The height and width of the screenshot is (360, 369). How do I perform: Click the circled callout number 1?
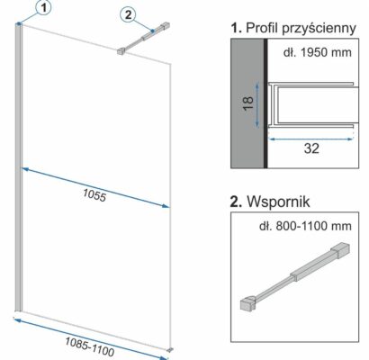(44, 8)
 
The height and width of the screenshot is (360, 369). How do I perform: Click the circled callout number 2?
(128, 14)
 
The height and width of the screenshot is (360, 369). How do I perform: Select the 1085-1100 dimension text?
(90, 346)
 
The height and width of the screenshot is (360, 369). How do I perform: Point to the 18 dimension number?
(248, 103)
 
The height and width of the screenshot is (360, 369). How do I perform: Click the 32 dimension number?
(311, 148)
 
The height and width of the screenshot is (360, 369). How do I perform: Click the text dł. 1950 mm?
(317, 52)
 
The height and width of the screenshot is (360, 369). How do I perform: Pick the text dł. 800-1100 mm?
(305, 226)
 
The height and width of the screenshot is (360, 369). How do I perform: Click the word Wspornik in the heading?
(278, 202)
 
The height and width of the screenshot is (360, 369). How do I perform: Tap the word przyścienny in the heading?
(319, 29)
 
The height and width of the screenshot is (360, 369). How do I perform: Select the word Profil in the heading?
(262, 28)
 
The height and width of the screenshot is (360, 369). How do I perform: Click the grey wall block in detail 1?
(247, 103)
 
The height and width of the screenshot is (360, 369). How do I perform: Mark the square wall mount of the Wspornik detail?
(340, 251)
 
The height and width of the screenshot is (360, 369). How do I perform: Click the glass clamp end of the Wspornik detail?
(248, 303)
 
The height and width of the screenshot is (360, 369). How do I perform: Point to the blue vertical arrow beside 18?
(257, 105)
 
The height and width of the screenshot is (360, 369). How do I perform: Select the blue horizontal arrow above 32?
(310, 139)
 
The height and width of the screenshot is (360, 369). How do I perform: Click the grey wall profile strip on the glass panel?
(18, 167)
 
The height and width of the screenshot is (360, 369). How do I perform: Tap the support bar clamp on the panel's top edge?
(121, 51)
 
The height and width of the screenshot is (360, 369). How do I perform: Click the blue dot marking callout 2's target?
(152, 31)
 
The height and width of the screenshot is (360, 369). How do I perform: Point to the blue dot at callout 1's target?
(19, 23)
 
